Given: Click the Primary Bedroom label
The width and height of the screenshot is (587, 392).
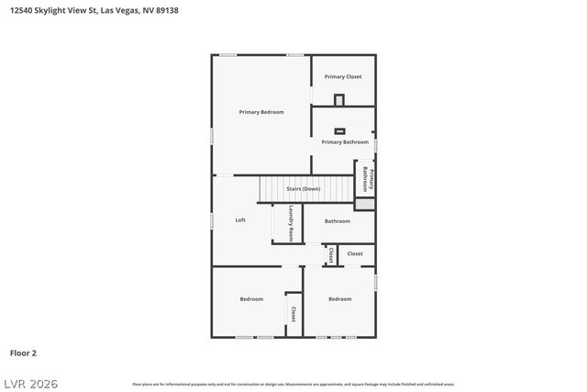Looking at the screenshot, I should pyautogui.click(x=261, y=112).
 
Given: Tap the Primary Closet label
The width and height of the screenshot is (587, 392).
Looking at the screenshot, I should pyautogui.click(x=343, y=76).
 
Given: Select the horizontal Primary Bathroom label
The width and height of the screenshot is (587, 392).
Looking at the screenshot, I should pyautogui.click(x=345, y=142).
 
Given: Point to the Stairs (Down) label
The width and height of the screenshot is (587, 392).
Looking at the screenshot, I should pyautogui.click(x=304, y=188).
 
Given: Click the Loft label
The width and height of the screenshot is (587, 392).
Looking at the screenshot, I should pyautogui.click(x=240, y=219).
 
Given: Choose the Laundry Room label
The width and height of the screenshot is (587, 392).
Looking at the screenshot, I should pyautogui.click(x=290, y=224).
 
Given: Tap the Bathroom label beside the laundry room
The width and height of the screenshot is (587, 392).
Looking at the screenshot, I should pyautogui.click(x=338, y=220).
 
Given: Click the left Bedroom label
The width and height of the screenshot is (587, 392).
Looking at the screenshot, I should pyautogui.click(x=251, y=298).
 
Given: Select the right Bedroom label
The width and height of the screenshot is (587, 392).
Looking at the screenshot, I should pyautogui.click(x=340, y=298).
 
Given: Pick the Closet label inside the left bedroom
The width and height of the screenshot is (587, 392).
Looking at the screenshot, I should pyautogui.click(x=293, y=314).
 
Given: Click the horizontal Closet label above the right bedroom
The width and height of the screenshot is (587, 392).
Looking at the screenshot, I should pyautogui.click(x=355, y=253).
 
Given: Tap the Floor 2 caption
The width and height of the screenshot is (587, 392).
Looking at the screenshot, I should pyautogui.click(x=23, y=352).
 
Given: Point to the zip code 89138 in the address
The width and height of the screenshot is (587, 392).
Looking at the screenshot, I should pyautogui.click(x=168, y=11).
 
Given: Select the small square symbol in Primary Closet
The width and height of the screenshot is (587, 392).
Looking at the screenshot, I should pyautogui.click(x=339, y=99).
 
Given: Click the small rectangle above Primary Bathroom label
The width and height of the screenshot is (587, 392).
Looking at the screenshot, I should pyautogui.click(x=339, y=130).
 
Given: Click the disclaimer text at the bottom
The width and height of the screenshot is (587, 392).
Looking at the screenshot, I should pyautogui.click(x=293, y=384).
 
